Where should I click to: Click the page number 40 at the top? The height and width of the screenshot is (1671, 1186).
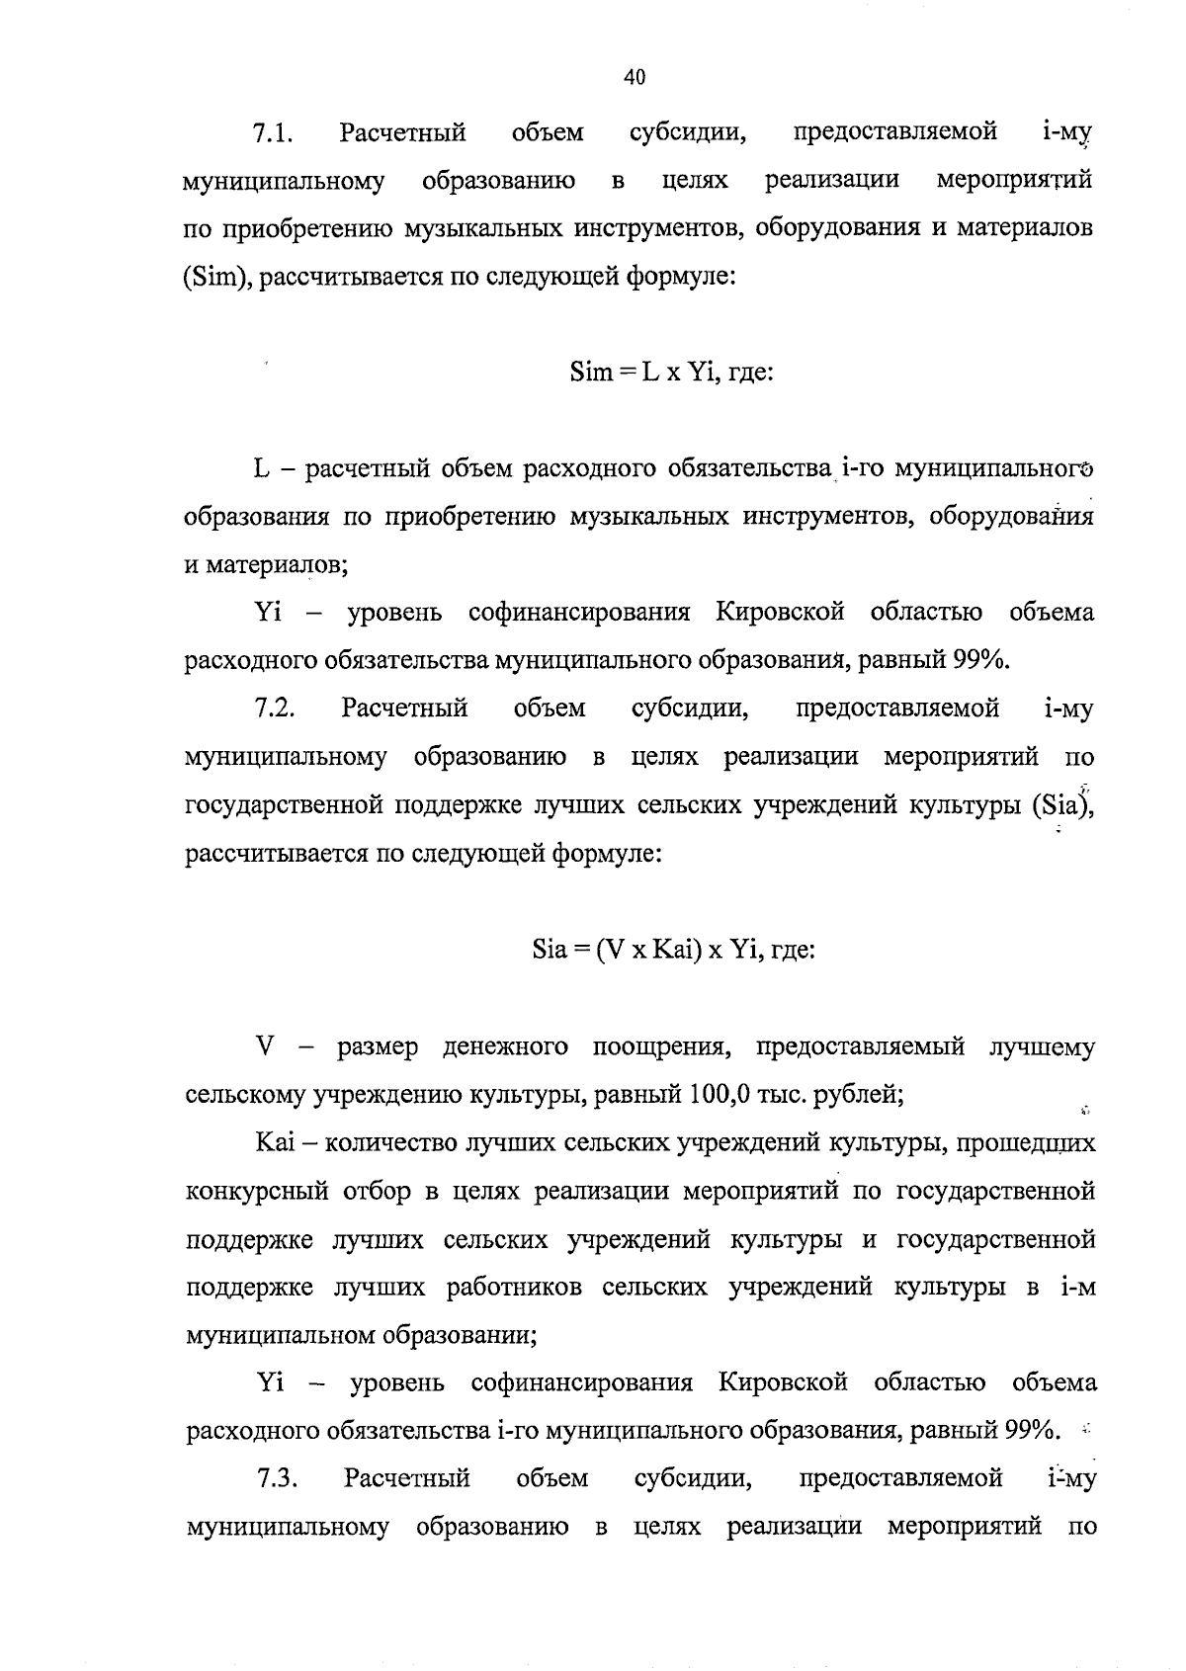pyautogui.click(x=635, y=77)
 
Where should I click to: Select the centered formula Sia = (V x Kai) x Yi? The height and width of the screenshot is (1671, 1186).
pyautogui.click(x=672, y=951)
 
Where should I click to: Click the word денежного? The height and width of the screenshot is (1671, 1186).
pyautogui.click(x=505, y=1046)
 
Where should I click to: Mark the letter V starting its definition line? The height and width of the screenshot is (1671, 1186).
pyautogui.click(x=264, y=1046)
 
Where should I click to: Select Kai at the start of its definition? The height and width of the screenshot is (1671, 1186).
pyautogui.click(x=270, y=1143)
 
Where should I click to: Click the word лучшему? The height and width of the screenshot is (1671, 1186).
pyautogui.click(x=1043, y=1046)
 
